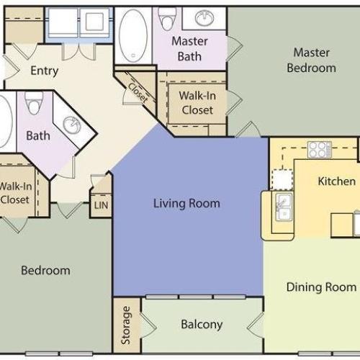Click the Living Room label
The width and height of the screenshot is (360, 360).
186,204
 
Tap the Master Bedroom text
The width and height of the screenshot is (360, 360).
311,60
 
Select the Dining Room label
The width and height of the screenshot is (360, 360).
321,287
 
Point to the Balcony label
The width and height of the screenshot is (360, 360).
202,325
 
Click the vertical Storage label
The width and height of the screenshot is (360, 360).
126,325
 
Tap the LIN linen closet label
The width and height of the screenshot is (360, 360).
101,205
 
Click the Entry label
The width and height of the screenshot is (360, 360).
45,71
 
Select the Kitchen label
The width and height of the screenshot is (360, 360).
337,181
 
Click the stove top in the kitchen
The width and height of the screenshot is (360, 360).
320,150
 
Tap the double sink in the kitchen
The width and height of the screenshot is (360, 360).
284,207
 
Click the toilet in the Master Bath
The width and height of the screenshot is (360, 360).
167,19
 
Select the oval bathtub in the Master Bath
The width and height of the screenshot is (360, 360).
133,35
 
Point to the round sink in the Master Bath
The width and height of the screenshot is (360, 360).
204,18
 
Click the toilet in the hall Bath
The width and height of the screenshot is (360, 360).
34,103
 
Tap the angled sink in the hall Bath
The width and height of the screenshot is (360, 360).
72,125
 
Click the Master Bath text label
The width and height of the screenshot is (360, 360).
189,49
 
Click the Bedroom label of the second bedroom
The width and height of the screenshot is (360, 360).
45,271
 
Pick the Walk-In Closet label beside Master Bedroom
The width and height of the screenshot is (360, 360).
197,103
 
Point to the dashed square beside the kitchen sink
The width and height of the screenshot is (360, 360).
282,179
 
